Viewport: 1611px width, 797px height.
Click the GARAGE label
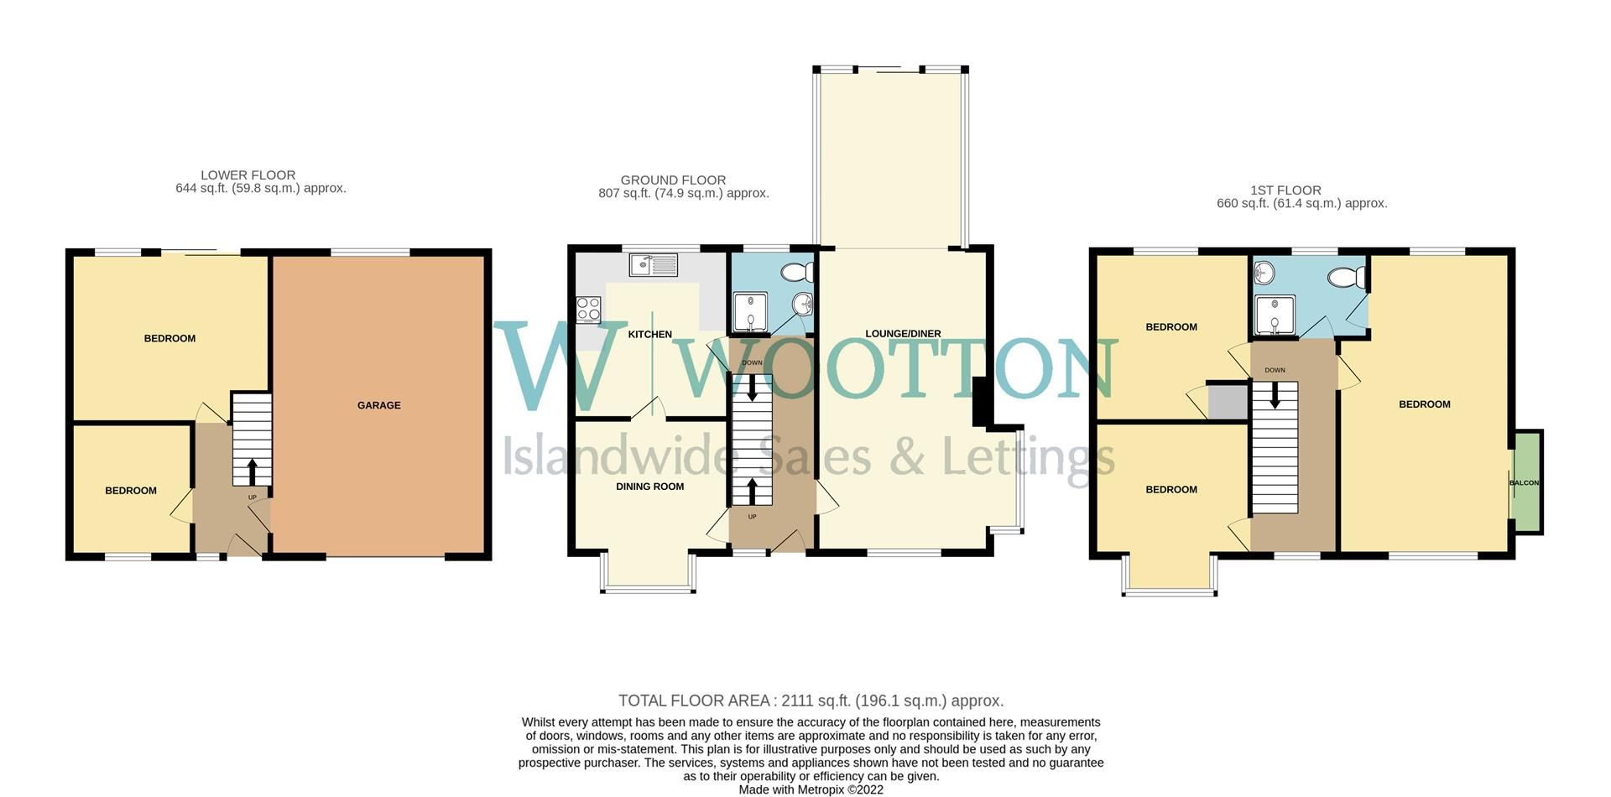point(378,405)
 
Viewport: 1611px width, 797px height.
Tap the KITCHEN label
point(649,334)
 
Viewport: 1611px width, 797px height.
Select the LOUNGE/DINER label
point(903,333)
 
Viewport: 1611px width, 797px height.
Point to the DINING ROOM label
point(649,487)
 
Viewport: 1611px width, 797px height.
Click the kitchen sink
point(654,264)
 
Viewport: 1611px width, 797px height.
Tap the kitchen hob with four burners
point(588,310)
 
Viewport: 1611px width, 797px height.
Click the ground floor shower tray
point(750,311)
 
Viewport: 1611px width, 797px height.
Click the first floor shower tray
point(1275,315)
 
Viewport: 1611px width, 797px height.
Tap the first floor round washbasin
point(1264,272)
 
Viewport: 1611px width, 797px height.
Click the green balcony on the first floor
point(1526,482)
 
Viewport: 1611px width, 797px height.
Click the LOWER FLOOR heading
point(248,175)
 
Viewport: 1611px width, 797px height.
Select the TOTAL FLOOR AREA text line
point(811,701)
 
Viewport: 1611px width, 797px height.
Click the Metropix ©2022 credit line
point(811,789)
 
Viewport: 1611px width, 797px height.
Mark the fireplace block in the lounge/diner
point(979,403)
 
